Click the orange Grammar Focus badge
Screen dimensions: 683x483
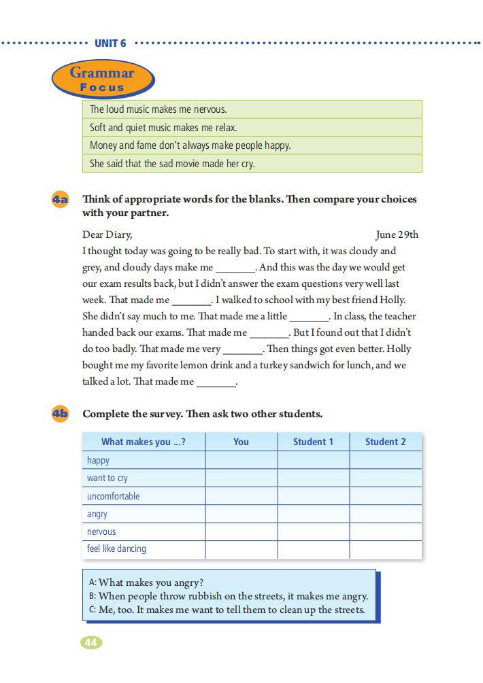(103, 80)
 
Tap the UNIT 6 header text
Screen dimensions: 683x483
(110, 43)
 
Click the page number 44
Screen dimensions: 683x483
(91, 642)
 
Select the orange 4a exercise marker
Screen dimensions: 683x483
(61, 200)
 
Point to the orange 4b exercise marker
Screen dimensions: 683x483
(61, 414)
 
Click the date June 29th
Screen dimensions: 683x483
(397, 235)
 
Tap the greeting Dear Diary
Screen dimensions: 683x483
(107, 235)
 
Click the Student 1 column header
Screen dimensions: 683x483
(313, 442)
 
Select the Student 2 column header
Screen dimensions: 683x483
(385, 442)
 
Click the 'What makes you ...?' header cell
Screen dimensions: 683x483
(143, 442)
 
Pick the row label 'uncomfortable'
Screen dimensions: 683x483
(113, 496)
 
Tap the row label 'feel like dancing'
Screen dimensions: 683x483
(116, 548)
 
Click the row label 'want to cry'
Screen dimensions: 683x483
(107, 478)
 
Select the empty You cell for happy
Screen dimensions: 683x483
(241, 460)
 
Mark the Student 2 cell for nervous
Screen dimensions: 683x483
(385, 531)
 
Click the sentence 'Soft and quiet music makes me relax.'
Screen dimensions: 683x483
(163, 128)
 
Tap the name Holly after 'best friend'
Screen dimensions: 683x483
(393, 300)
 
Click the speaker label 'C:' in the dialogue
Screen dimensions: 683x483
(93, 610)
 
